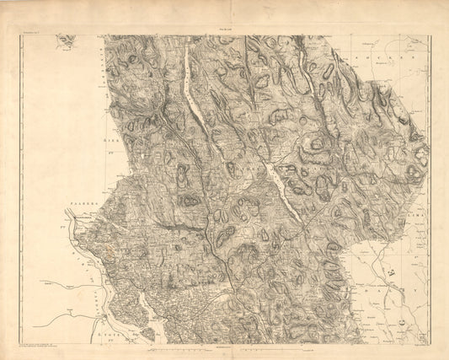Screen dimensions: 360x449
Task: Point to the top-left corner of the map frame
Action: tap(19, 35)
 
